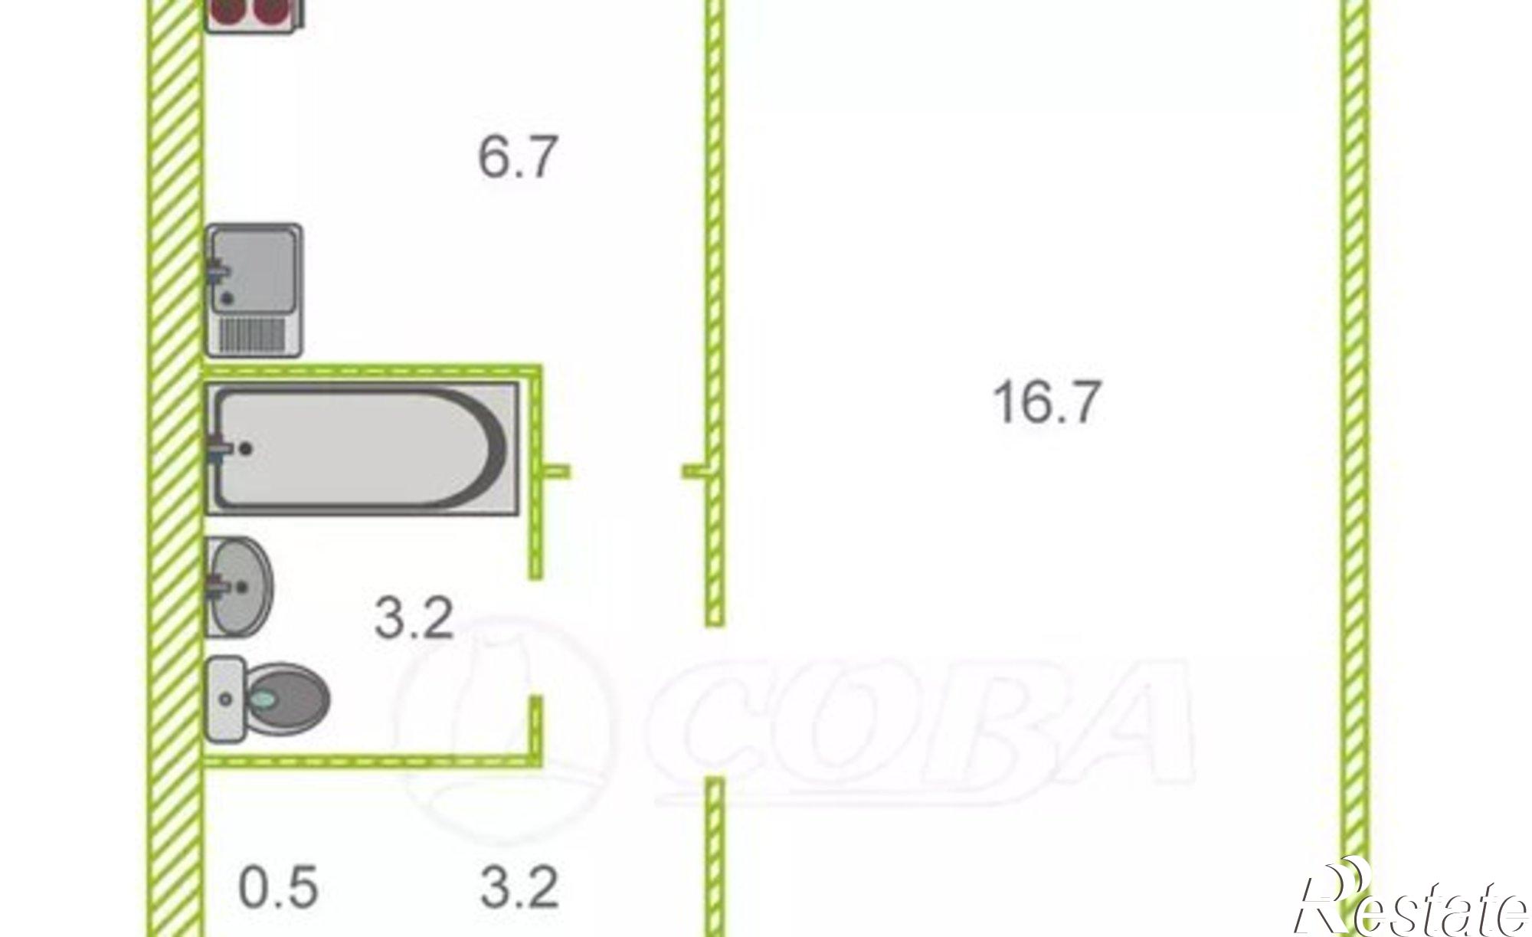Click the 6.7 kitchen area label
[516, 157]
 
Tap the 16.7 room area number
[1047, 401]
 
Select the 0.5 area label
[278, 887]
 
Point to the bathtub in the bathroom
[363, 449]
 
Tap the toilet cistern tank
[226, 699]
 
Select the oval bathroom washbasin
[239, 587]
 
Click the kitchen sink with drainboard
[254, 290]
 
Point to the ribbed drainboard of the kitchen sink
[257, 336]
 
